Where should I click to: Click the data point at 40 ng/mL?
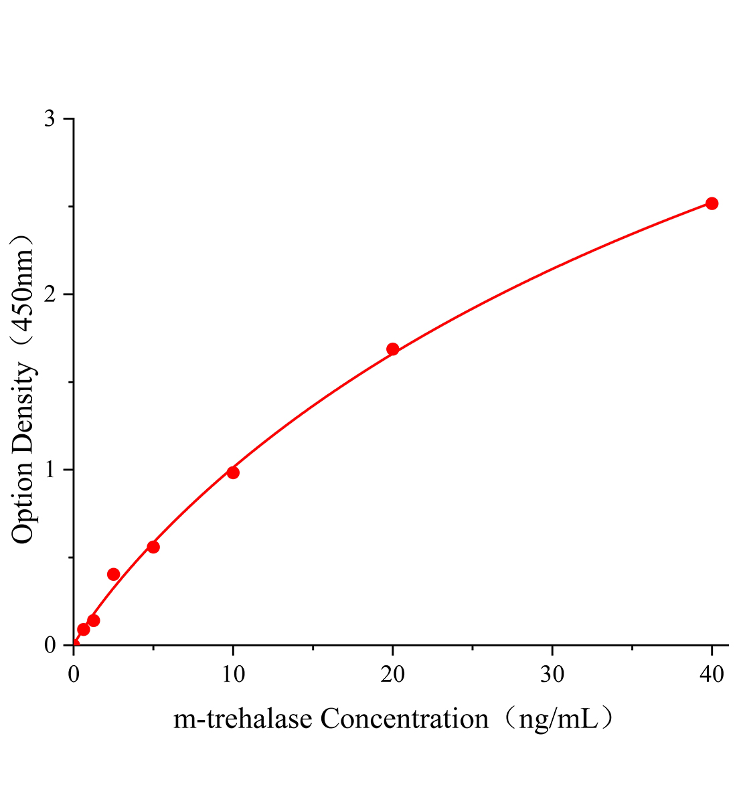click(712, 203)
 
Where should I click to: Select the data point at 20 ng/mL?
click(393, 349)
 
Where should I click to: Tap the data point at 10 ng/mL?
click(233, 472)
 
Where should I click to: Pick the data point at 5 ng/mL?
click(153, 547)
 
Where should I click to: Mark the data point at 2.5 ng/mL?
click(114, 574)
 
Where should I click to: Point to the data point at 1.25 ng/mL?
click(94, 620)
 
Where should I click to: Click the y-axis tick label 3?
click(50, 119)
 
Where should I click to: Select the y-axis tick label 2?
click(50, 294)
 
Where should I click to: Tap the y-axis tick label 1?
click(50, 470)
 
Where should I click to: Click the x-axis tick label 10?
click(233, 675)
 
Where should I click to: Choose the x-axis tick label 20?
click(393, 675)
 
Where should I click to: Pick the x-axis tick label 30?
click(552, 675)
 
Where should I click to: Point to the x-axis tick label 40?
click(712, 675)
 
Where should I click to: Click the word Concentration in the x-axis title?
click(404, 720)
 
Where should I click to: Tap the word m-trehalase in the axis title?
click(243, 720)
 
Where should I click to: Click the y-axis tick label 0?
click(50, 645)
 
